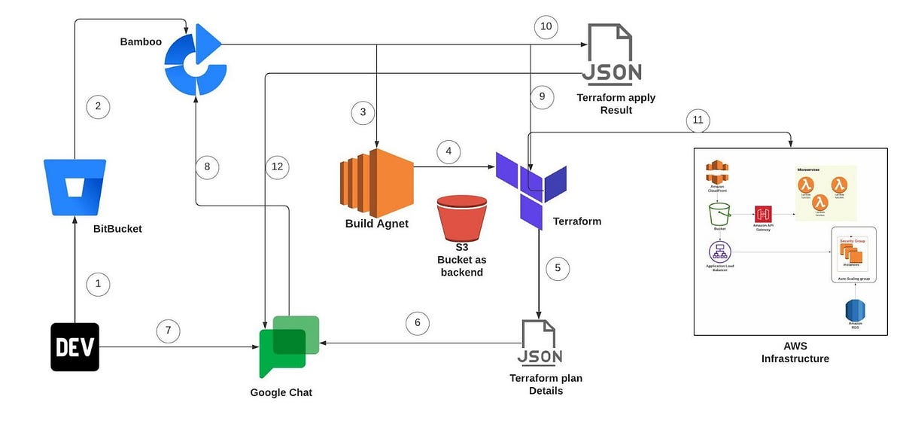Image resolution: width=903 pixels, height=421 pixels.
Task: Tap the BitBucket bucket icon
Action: (74, 186)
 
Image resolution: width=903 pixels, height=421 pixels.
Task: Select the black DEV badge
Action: (74, 346)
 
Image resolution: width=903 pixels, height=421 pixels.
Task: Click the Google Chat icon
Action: (288, 346)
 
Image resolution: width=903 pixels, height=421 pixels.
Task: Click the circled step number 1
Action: (98, 284)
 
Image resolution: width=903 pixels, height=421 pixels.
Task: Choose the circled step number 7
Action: (169, 330)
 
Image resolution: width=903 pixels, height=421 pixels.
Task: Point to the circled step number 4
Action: (449, 151)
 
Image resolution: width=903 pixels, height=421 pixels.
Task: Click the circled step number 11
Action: (698, 120)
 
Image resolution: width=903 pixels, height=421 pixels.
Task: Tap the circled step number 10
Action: (546, 27)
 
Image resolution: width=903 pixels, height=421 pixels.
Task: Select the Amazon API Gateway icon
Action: (764, 214)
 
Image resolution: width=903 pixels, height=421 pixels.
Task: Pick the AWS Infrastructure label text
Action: (795, 352)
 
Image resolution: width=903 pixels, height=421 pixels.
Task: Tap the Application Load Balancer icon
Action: (719, 252)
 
